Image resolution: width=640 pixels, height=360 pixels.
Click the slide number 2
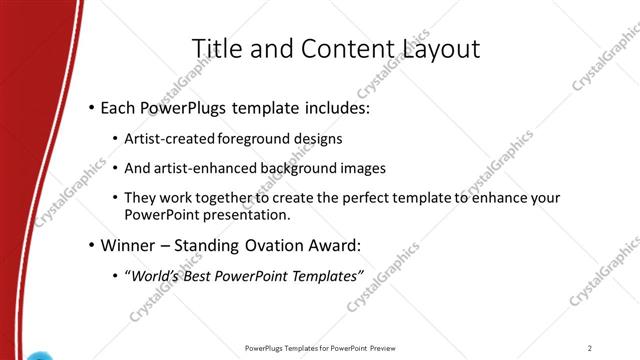click(590, 347)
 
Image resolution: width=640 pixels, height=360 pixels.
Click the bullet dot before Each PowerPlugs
click(92, 106)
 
